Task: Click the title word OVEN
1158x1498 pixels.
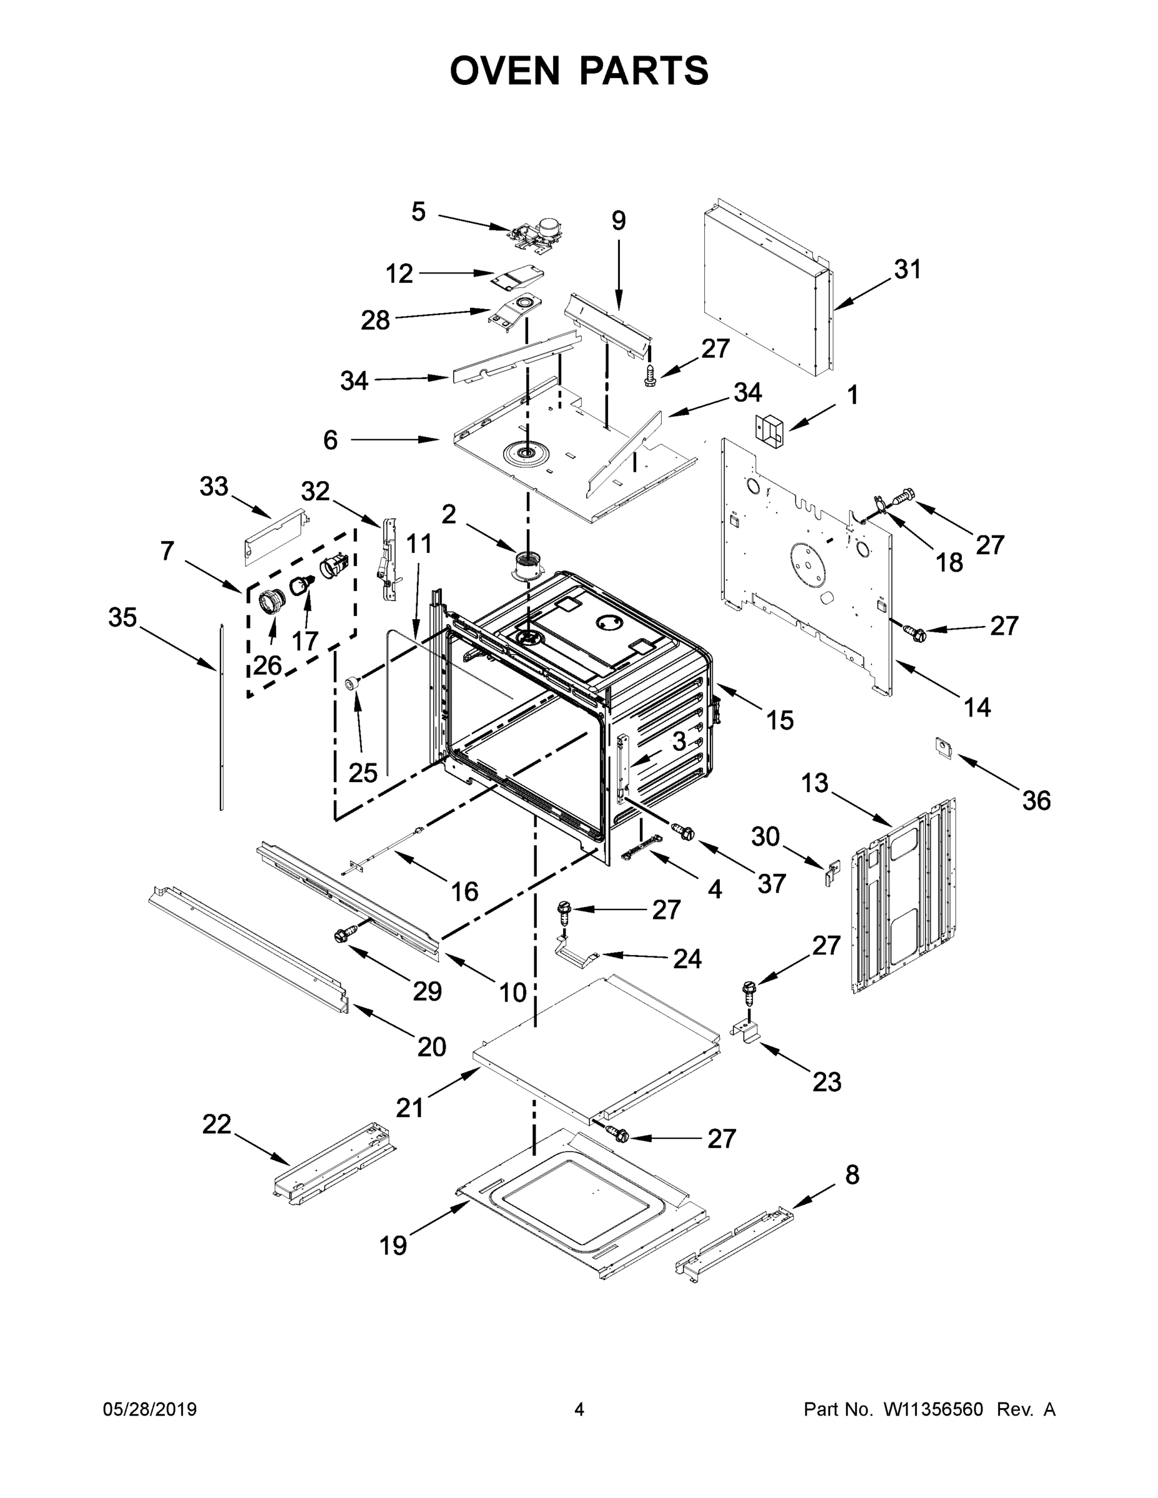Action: [505, 70]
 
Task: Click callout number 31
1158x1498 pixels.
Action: [907, 270]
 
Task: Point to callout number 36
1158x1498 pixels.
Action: [1036, 800]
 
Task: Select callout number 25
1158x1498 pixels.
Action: [362, 773]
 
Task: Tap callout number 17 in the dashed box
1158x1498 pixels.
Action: [305, 640]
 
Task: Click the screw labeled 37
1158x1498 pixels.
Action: [685, 833]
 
